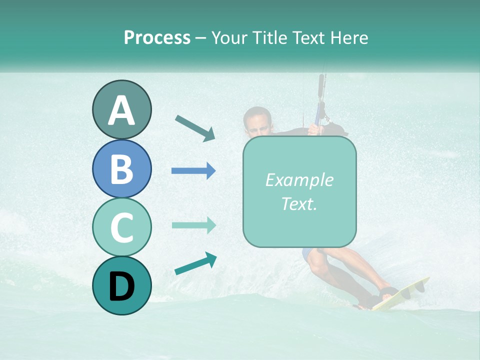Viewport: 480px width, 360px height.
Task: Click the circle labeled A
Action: click(x=121, y=110)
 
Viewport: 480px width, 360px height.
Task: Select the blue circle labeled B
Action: click(x=121, y=169)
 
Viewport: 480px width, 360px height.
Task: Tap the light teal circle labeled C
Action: click(x=121, y=227)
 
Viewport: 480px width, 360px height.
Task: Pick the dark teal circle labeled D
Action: click(x=121, y=285)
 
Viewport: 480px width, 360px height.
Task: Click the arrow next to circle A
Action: click(x=195, y=127)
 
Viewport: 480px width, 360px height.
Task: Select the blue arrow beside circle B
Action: click(x=193, y=171)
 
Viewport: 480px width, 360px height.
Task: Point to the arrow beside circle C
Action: click(x=193, y=225)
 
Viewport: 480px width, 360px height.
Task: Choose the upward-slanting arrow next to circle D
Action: click(x=195, y=263)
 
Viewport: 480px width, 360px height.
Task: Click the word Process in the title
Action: click(x=157, y=37)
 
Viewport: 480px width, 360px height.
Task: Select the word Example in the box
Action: click(x=299, y=180)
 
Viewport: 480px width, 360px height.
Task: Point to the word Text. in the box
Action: click(x=299, y=203)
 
